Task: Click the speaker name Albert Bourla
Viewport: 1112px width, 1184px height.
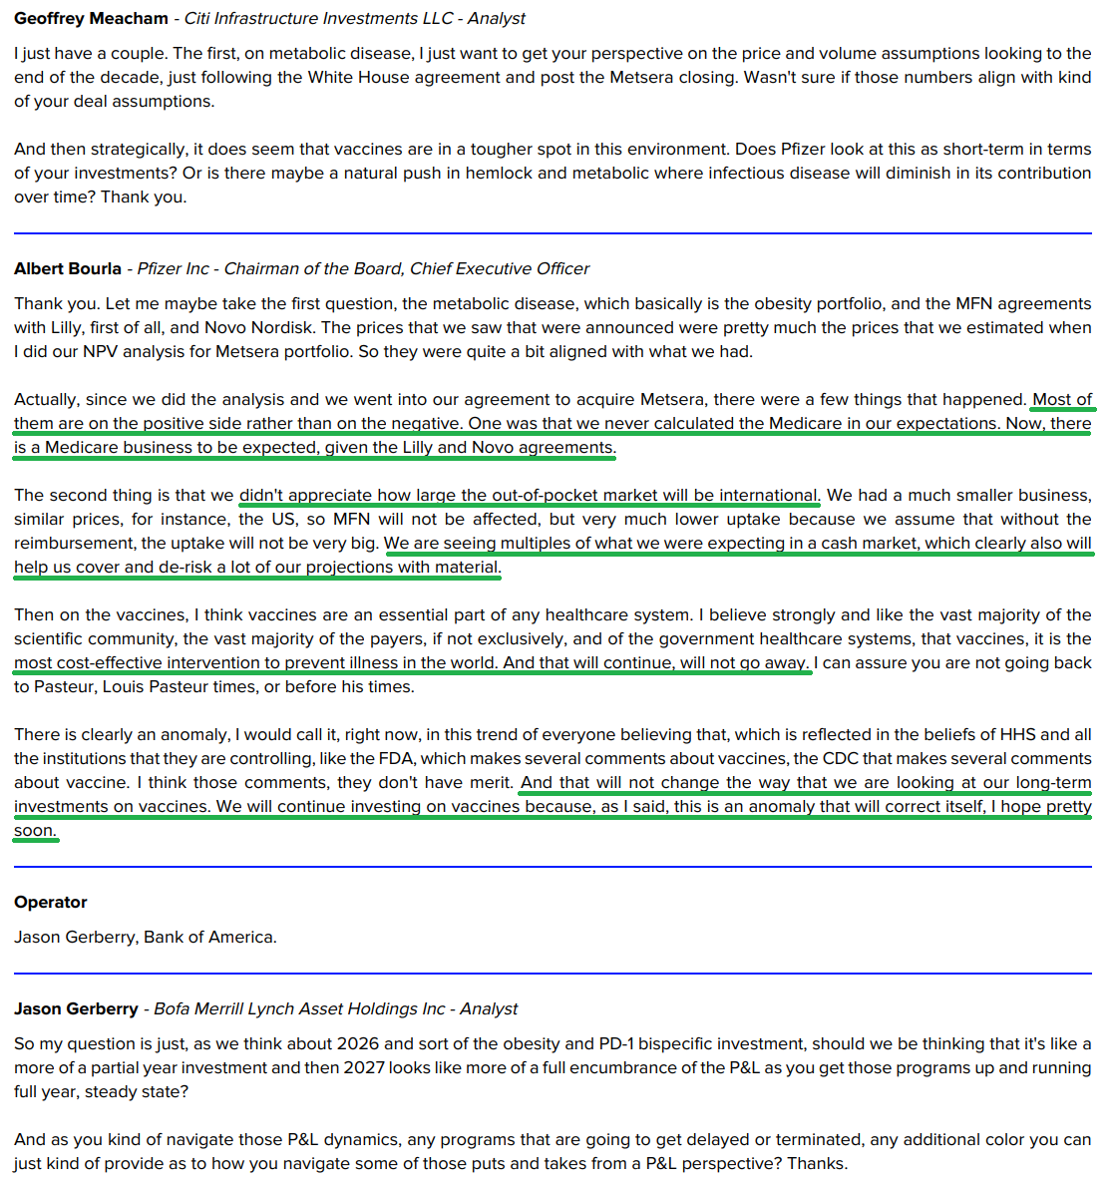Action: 68,268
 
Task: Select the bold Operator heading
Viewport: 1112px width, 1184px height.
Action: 51,902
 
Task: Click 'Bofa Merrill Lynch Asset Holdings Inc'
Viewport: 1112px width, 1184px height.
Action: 299,1008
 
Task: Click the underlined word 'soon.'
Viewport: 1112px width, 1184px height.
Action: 35,830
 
